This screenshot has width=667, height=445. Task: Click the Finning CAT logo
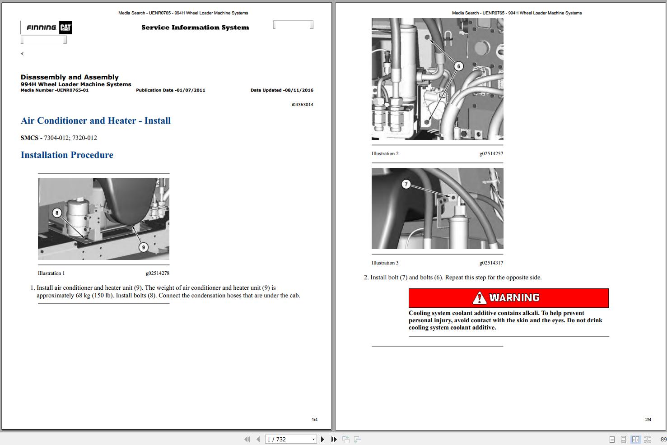pos(46,28)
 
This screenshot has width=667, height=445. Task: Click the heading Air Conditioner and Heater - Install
pos(96,121)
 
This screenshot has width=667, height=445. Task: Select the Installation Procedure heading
pos(67,155)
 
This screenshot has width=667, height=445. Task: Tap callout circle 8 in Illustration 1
pos(57,213)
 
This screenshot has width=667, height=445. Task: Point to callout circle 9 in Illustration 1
pos(143,247)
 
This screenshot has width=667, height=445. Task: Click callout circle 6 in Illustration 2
pos(459,66)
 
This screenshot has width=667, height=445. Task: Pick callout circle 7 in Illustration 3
pos(406,184)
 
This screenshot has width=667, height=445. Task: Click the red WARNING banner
pos(508,298)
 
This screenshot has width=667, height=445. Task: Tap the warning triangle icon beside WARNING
pos(479,298)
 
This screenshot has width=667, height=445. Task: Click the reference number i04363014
pos(302,105)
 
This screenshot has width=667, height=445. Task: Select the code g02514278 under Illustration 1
pos(157,273)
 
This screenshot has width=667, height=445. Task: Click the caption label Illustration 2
pos(385,153)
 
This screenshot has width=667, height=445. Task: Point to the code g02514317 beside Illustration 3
pos(491,263)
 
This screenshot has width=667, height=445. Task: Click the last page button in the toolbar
pos(334,439)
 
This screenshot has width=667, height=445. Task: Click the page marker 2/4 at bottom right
pos(648,420)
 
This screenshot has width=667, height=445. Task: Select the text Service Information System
pos(195,28)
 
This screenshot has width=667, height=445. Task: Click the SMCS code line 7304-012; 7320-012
pos(59,138)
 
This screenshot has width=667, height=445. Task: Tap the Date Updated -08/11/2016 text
pos(282,90)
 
